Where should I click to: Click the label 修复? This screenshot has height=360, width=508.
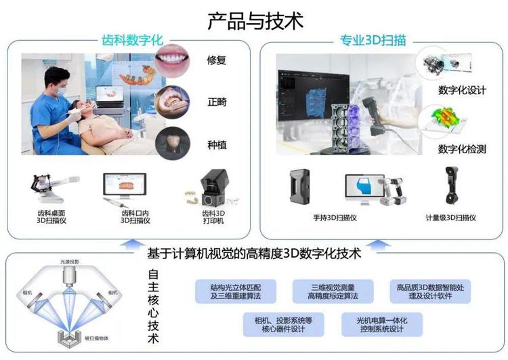pos(217,60)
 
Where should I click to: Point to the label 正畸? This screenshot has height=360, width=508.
pos(217,102)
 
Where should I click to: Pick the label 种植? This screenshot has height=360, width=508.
pos(217,144)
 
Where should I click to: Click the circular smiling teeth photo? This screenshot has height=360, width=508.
pos(173,60)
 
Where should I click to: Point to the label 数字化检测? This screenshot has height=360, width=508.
pos(462,148)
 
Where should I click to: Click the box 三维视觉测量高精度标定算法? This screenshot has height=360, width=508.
pos(333,292)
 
